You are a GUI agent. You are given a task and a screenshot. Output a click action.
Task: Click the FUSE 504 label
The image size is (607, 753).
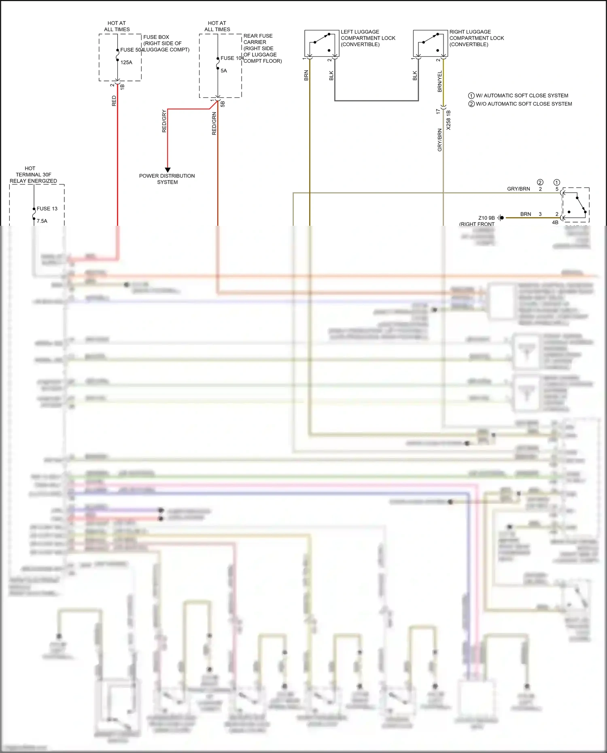tap(131, 50)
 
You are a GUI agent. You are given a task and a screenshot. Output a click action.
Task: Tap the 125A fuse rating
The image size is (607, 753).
tap(126, 62)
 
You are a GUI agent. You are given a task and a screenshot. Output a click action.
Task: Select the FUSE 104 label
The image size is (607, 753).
tap(231, 58)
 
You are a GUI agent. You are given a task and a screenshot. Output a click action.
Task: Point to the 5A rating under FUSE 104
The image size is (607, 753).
tap(224, 71)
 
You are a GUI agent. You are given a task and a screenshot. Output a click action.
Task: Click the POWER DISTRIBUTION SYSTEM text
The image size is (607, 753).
tap(167, 179)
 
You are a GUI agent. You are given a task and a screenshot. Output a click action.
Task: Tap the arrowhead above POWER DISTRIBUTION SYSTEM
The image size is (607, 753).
tap(168, 170)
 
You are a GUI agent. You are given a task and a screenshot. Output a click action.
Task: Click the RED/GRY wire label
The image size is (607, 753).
tap(164, 121)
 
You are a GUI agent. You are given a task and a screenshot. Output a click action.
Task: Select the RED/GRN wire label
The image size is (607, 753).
tap(214, 123)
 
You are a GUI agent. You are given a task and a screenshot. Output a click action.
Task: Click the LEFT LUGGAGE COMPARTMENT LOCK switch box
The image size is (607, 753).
tap(321, 43)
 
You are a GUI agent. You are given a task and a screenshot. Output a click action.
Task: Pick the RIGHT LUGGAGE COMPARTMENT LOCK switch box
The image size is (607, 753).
tap(430, 43)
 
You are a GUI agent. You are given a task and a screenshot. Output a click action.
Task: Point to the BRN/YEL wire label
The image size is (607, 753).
tap(439, 81)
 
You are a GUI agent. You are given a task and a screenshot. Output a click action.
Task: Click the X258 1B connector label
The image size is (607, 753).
tap(448, 120)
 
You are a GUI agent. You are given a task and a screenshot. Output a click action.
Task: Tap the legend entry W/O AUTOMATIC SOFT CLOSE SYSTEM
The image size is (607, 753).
tap(520, 104)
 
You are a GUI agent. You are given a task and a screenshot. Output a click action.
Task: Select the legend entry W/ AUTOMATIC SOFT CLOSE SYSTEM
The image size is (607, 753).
tap(518, 95)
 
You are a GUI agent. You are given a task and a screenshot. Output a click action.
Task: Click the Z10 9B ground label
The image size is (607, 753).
tap(486, 218)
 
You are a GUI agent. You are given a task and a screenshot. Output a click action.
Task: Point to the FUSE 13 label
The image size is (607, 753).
tap(47, 209)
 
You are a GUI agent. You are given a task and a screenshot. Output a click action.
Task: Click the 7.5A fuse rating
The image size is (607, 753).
tap(42, 221)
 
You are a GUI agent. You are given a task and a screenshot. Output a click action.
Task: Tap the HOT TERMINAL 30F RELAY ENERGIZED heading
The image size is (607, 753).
tap(33, 174)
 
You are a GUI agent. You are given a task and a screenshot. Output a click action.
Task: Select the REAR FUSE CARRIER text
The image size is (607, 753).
tap(258, 39)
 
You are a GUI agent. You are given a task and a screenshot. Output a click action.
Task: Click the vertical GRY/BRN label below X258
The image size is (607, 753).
tap(439, 140)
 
